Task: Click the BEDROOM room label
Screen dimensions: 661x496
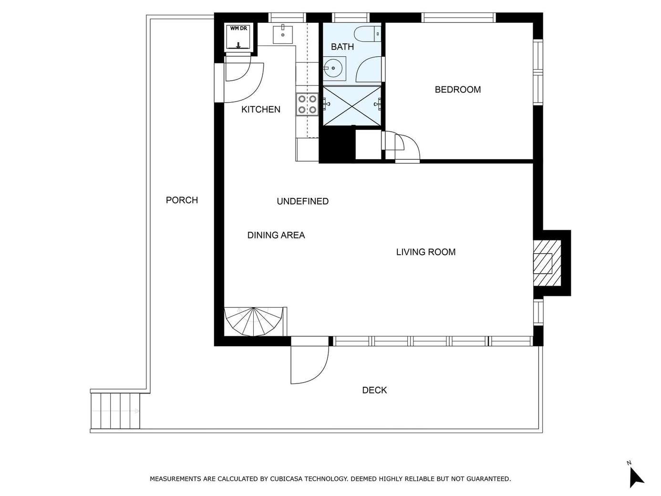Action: click(x=458, y=90)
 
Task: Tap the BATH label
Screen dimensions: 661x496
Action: click(x=342, y=47)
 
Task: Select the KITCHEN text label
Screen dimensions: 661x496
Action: click(x=261, y=109)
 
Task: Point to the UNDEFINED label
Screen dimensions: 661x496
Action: click(x=303, y=201)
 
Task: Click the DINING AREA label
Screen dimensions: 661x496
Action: click(x=276, y=235)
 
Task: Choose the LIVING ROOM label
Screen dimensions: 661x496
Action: click(x=426, y=252)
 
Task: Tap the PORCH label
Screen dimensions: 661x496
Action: click(x=182, y=200)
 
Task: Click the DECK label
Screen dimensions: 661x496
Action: click(x=374, y=390)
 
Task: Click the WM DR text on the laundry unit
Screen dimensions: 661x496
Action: click(x=238, y=29)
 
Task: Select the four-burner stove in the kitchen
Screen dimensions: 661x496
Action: click(x=307, y=104)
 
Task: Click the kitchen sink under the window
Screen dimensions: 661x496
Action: click(x=283, y=35)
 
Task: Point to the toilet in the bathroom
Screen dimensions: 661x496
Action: click(x=368, y=34)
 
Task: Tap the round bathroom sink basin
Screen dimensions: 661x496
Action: click(x=333, y=68)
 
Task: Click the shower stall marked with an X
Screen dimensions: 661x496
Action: click(x=352, y=106)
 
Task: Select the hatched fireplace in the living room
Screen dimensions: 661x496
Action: click(x=547, y=263)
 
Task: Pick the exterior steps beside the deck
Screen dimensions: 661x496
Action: click(x=115, y=411)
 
